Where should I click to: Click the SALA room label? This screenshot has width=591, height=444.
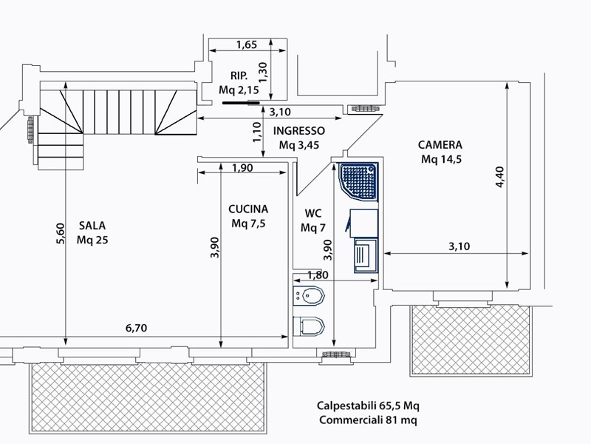pos(92,226)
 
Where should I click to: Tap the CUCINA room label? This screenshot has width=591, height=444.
pos(248,209)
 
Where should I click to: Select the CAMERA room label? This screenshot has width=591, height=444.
pos(440,145)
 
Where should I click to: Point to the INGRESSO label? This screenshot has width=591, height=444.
pos(299,131)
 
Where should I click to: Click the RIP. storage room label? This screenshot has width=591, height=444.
pos(239,76)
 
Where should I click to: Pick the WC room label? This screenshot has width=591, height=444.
pos(312,214)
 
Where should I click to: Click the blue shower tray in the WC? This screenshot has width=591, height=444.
pos(359,181)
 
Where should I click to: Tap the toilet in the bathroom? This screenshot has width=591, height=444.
pos(309,326)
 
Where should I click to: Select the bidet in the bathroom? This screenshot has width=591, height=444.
pos(309,295)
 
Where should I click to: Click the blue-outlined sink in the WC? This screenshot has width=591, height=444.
pos(366,255)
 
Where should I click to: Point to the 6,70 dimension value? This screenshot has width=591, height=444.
pos(136,328)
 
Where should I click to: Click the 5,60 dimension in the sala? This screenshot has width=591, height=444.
pos(61,234)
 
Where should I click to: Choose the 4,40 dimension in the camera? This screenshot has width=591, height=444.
pos(500,177)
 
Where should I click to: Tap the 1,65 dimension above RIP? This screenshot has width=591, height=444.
pos(247,45)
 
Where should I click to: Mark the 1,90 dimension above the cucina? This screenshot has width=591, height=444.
pos(242,168)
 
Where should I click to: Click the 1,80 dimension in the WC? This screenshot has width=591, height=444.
pos(318,275)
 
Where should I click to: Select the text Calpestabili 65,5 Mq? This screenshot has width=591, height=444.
pos(368,406)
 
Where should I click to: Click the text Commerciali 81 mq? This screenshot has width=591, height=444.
pos(368,420)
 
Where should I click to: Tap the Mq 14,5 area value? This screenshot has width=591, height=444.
pos(441,159)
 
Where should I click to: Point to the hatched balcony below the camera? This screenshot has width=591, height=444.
pos(471,340)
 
